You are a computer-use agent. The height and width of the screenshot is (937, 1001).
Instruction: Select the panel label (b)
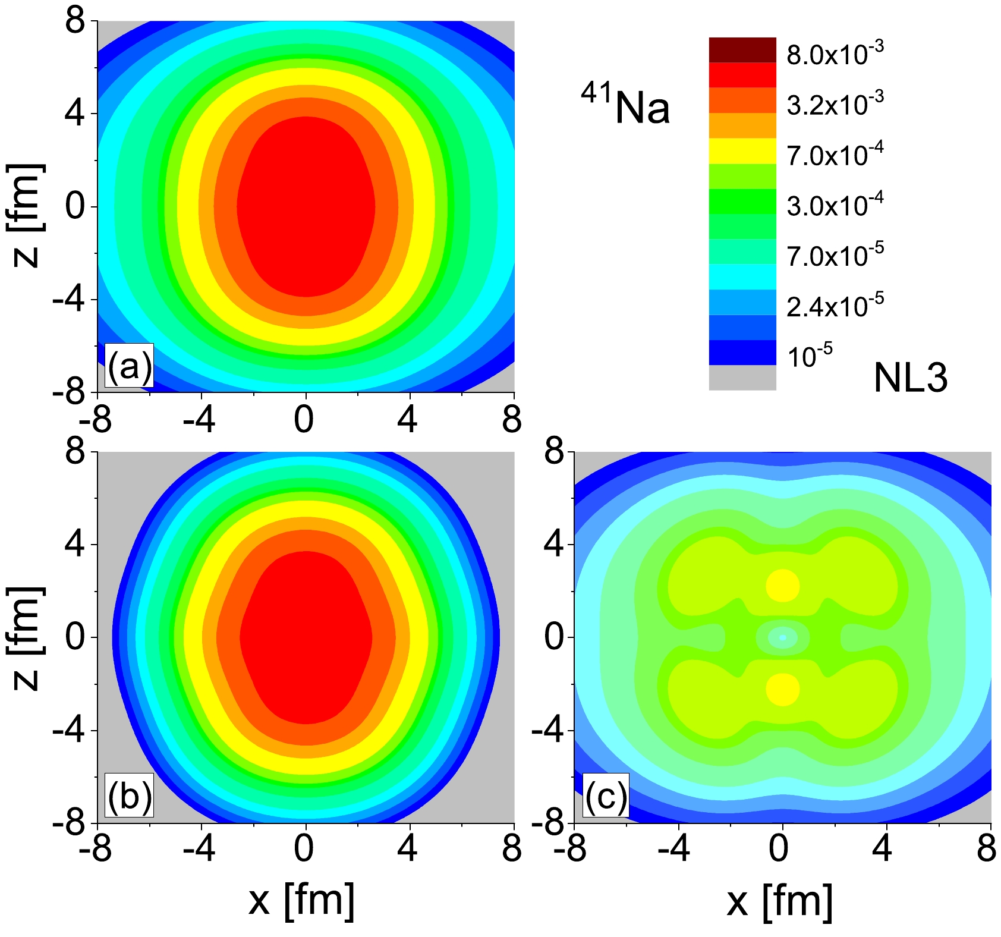128,795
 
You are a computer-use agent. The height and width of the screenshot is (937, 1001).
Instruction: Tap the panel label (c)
606,795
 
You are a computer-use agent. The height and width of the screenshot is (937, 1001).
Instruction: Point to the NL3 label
910,378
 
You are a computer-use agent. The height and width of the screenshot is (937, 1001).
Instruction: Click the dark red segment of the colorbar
742,50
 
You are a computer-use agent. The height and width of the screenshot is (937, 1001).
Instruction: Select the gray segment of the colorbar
742,378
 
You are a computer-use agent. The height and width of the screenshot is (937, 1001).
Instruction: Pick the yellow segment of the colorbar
742,151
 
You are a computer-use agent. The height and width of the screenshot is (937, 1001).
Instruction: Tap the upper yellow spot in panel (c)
782,585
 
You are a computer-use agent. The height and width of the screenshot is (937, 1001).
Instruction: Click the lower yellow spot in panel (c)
782,689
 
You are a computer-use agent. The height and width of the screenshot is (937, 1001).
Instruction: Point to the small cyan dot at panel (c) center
782,637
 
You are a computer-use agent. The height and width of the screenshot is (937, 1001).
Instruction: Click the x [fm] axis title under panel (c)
779,901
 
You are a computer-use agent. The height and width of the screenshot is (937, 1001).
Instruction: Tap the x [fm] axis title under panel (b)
302,901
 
